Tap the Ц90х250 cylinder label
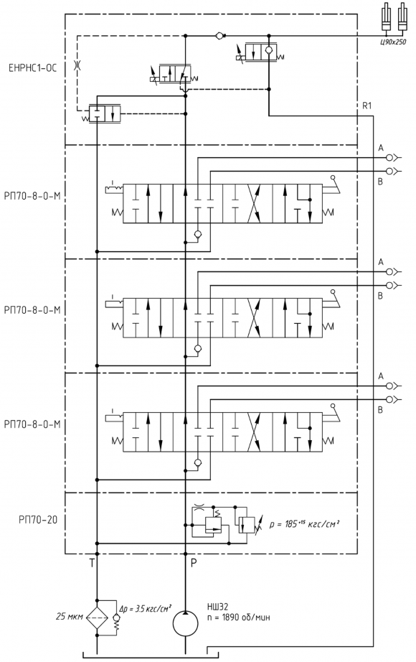coord(393,42)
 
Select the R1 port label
coord(367,106)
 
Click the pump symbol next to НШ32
coord(186,623)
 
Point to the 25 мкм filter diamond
coord(97,617)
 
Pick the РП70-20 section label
coord(38,520)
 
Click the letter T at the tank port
coord(92,562)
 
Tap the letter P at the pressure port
coord(194,562)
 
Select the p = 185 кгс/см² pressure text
coord(305,524)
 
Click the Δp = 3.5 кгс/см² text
coord(145,609)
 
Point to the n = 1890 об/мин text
coord(238,617)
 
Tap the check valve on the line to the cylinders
coord(219,36)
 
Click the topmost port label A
coord(381,148)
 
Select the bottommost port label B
coord(380,409)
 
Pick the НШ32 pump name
coord(217,607)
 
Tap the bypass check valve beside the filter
coord(116,618)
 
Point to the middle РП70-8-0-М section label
coord(32,310)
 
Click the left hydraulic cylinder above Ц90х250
coord(387,18)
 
